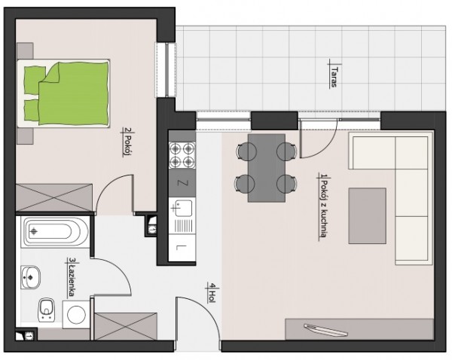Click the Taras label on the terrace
334,76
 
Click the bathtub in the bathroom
54,232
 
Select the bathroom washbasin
30,277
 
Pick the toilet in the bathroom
47,310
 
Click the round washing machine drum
76,315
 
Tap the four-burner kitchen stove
182,155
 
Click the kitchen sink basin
182,208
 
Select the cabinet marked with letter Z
182,183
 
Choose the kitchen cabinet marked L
182,248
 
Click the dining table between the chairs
267,168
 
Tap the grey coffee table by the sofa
367,216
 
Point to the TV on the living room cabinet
325,330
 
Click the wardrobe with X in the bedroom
54,198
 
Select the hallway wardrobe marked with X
126,326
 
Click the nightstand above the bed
25,50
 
